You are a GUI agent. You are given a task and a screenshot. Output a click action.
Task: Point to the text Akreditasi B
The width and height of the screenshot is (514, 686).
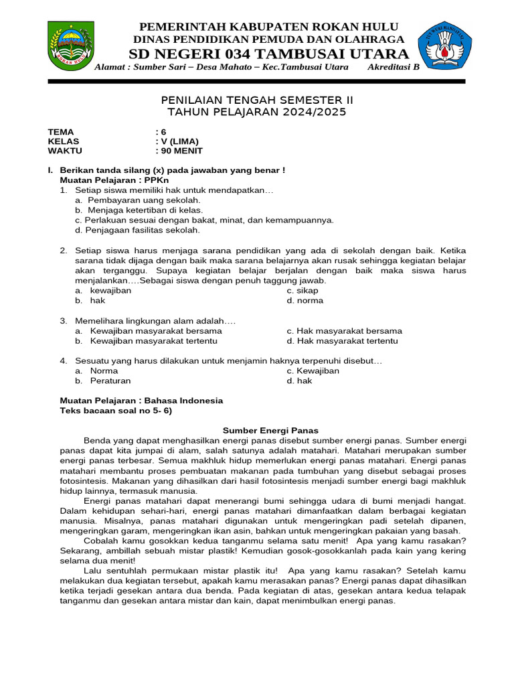click(x=394, y=68)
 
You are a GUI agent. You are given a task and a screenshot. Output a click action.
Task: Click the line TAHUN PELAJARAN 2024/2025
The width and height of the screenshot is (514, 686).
click(x=257, y=112)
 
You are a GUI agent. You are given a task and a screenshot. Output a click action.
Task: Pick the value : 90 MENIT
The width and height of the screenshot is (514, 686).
click(x=179, y=151)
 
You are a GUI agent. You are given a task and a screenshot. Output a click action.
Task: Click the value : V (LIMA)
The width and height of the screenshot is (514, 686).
click(x=177, y=141)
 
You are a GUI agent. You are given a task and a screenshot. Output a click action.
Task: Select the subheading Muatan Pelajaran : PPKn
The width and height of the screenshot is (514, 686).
click(x=114, y=181)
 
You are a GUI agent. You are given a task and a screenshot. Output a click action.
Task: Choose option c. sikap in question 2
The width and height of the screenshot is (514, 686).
click(x=303, y=291)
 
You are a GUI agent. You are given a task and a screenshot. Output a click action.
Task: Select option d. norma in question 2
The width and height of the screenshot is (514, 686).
click(x=305, y=301)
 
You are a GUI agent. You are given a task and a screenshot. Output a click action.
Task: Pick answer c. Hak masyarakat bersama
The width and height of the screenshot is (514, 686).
click(x=344, y=331)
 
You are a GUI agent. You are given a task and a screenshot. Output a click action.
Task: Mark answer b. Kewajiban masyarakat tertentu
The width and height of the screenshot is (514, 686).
click(x=146, y=341)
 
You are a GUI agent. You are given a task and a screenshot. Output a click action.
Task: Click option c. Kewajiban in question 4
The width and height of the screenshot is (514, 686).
click(x=313, y=371)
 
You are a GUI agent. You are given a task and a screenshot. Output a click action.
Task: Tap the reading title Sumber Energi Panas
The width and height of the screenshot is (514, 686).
click(x=270, y=431)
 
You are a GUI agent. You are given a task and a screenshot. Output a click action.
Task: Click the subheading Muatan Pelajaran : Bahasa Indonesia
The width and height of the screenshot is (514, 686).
click(x=141, y=401)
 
